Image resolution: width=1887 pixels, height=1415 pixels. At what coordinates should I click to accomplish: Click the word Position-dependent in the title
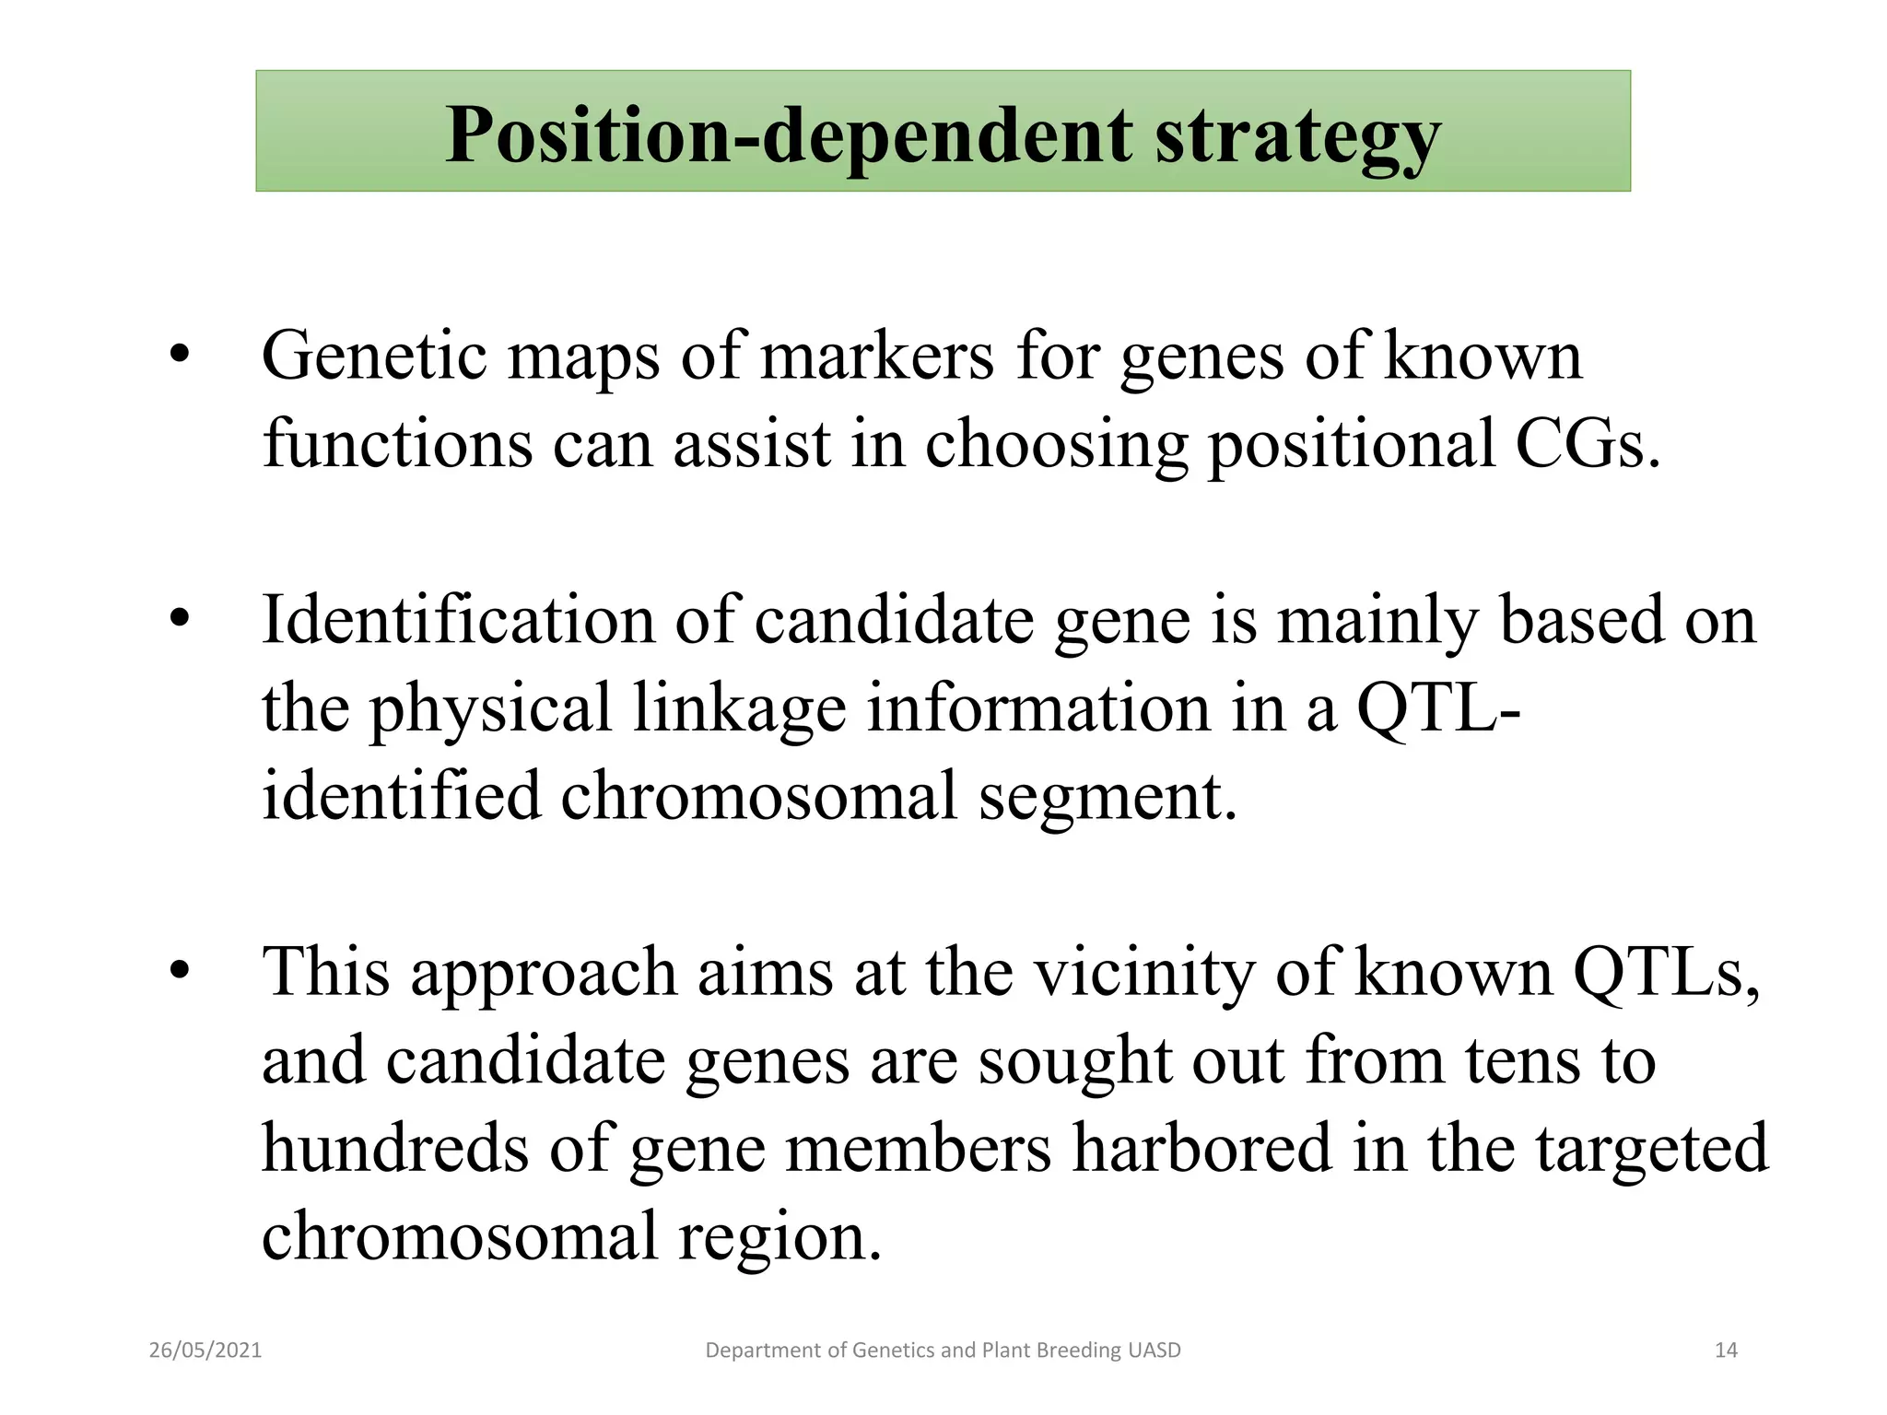(x=788, y=135)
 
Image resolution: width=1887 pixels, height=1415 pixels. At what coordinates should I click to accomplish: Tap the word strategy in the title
(x=1297, y=138)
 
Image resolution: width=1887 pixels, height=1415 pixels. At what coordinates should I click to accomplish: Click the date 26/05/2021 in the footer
(x=205, y=1351)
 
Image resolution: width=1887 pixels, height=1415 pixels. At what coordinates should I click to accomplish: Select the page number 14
(x=1726, y=1351)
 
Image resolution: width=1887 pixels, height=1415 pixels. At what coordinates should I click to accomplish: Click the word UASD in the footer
(x=1153, y=1351)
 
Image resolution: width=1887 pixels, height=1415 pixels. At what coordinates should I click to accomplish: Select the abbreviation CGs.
(x=1587, y=444)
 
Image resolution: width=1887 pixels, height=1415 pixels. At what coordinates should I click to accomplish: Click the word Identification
(x=458, y=619)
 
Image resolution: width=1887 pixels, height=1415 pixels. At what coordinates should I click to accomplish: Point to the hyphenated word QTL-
(x=1437, y=707)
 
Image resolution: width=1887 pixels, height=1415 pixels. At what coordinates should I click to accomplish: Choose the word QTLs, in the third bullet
(x=1666, y=973)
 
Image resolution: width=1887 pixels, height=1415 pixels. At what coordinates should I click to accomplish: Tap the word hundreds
(x=395, y=1148)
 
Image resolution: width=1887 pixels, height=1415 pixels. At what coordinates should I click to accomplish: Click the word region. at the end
(x=779, y=1236)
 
